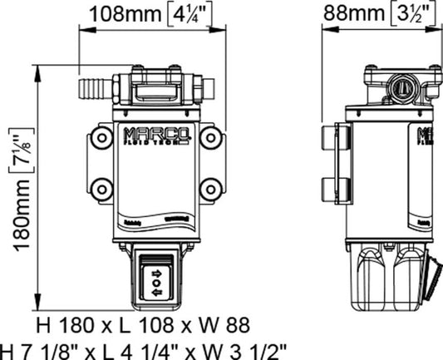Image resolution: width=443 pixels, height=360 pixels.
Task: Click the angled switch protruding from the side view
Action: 431,279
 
